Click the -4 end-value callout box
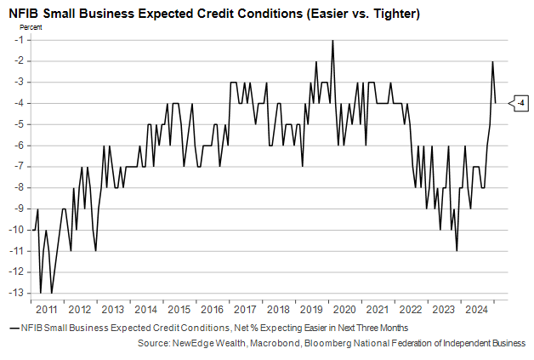[519, 104]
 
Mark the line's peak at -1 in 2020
[332, 41]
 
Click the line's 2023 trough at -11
[457, 250]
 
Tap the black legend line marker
[14, 327]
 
